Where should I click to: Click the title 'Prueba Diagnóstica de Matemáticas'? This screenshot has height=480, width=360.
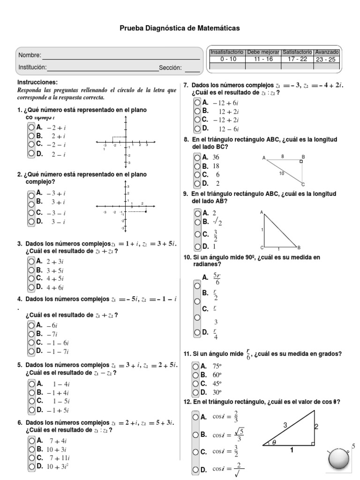click(x=180, y=29)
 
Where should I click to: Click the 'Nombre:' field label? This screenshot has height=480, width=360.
click(x=30, y=55)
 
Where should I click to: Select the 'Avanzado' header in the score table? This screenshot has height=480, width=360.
click(x=327, y=52)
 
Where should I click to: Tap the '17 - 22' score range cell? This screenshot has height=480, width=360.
click(x=297, y=59)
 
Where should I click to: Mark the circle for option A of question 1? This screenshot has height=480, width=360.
click(x=31, y=127)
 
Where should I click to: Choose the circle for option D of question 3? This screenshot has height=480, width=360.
click(x=31, y=287)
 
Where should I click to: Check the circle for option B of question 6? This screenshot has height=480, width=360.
click(x=31, y=449)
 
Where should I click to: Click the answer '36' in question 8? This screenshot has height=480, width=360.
click(x=216, y=157)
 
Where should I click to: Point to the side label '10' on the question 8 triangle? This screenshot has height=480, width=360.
click(x=281, y=173)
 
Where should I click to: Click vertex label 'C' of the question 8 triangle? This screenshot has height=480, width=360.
click(x=303, y=184)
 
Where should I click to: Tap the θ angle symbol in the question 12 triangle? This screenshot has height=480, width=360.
click(x=274, y=442)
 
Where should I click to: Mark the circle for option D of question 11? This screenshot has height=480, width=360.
click(x=195, y=392)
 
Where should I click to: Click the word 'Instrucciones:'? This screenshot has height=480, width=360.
click(x=37, y=82)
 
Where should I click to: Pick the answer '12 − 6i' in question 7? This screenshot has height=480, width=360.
click(x=229, y=129)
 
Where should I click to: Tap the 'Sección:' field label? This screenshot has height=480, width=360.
click(x=170, y=68)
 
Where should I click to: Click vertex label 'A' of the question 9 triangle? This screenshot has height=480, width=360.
click(x=261, y=212)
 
